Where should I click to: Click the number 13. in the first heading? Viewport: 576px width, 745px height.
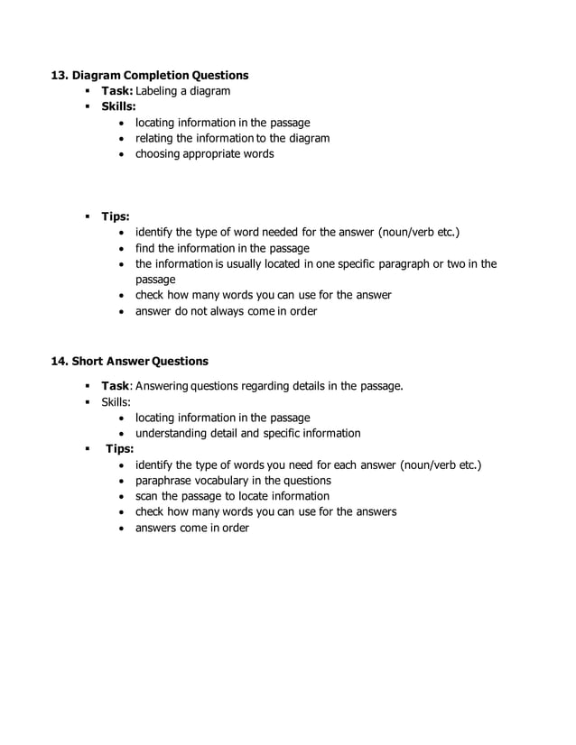(60, 75)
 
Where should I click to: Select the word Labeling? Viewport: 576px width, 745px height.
(160, 91)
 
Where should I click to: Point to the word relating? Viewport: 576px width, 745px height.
(154, 138)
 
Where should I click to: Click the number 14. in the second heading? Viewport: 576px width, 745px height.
(60, 361)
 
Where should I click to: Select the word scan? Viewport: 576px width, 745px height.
(147, 496)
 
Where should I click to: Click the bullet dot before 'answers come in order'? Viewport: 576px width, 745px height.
(124, 528)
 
